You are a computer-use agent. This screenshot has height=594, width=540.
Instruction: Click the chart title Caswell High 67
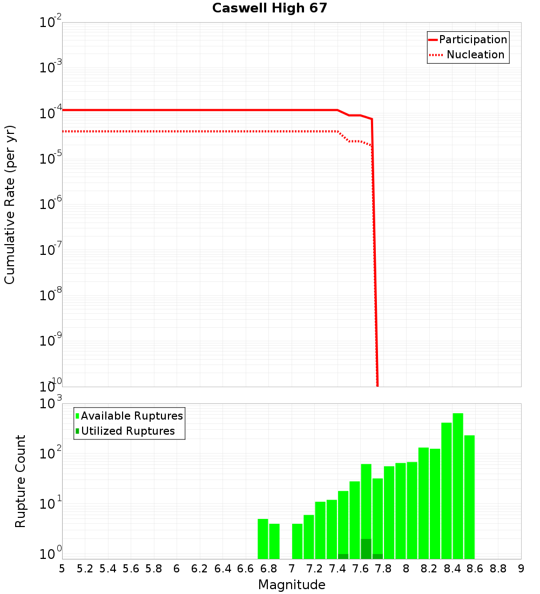pyautogui.click(x=269, y=8)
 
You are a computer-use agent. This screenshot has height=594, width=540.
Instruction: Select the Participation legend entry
pyautogui.click(x=473, y=39)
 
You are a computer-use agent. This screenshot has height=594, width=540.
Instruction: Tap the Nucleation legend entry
pyautogui.click(x=475, y=55)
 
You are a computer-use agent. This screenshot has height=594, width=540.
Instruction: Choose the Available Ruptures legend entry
pyautogui.click(x=131, y=416)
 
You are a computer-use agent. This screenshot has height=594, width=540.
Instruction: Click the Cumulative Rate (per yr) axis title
pyautogui.click(x=10, y=204)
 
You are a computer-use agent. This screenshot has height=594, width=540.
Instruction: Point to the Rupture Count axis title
pyautogui.click(x=21, y=481)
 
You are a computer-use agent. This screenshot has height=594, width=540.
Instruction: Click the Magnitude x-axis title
pyautogui.click(x=292, y=585)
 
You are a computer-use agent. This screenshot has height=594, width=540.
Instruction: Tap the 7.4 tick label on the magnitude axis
pyautogui.click(x=337, y=569)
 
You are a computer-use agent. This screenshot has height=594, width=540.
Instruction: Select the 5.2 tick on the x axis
pyautogui.click(x=85, y=569)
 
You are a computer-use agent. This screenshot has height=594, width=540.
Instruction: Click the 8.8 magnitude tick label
pyautogui.click(x=498, y=569)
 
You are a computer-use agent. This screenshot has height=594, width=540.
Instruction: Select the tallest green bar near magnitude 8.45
pyautogui.click(x=458, y=486)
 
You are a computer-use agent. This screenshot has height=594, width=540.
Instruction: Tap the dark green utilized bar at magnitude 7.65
pyautogui.click(x=366, y=549)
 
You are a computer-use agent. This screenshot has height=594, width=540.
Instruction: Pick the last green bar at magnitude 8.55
pyautogui.click(x=469, y=497)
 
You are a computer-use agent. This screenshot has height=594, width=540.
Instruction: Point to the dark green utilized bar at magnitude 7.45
pyautogui.click(x=343, y=556)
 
